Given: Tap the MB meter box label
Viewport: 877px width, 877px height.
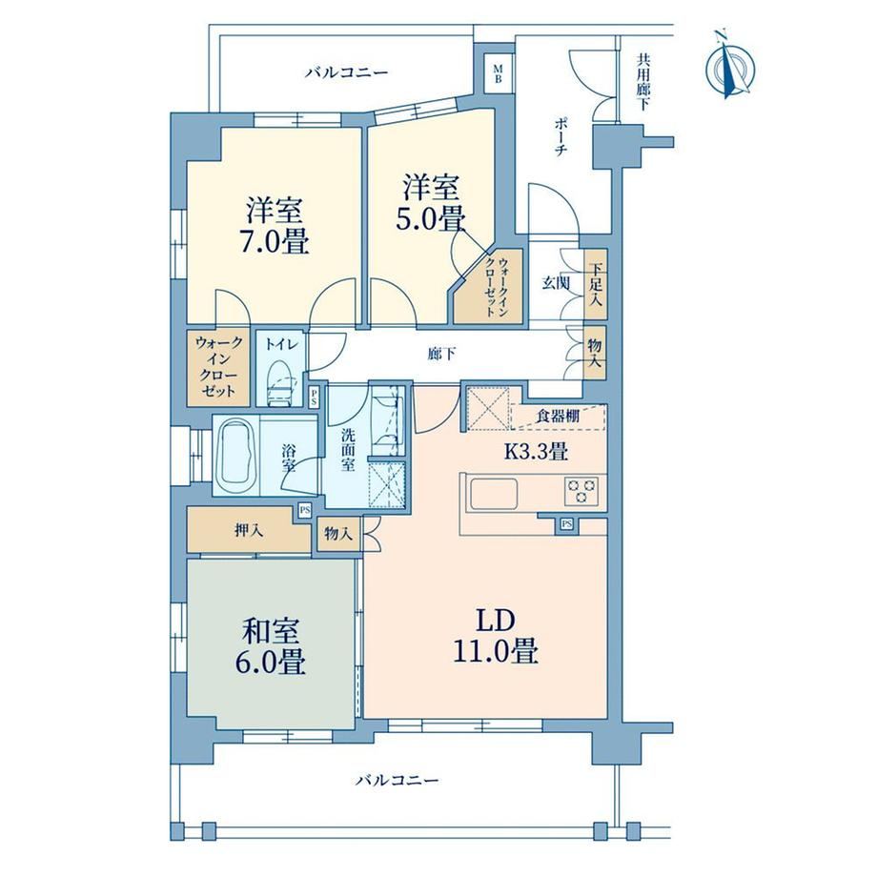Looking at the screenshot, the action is tap(498, 73).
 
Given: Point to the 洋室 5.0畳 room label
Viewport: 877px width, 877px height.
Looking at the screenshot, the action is tap(431, 202).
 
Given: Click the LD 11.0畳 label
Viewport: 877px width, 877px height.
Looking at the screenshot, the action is tap(495, 637).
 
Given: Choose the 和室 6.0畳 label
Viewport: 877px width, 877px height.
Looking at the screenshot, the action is tap(273, 647).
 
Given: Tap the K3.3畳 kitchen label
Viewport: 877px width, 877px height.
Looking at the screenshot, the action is tap(537, 451).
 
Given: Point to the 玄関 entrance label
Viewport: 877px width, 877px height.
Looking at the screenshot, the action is tap(555, 283).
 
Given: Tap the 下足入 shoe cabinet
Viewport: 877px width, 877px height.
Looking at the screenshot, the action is tap(595, 285).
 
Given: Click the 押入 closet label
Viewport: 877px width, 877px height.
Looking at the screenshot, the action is tap(249, 530).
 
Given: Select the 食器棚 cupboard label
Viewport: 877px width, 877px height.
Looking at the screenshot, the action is tap(558, 417).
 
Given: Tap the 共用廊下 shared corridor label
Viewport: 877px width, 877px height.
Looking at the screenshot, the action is tap(643, 82).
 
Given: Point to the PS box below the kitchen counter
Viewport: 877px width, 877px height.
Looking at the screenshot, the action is tap(566, 524).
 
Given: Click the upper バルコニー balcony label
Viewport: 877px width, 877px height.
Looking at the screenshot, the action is tap(346, 73).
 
